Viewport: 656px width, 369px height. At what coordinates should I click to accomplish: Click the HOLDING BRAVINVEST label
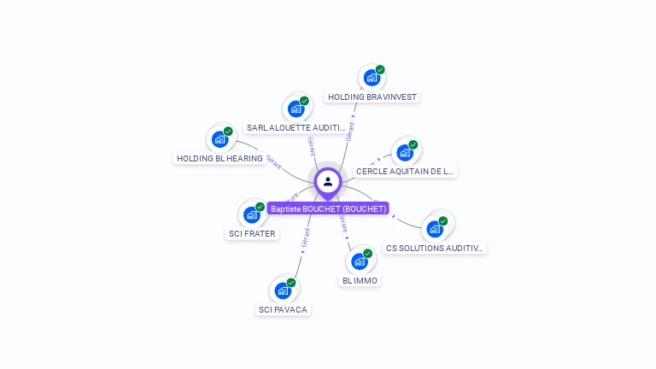[372, 97]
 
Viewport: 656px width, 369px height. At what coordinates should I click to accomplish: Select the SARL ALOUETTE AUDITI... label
[296, 128]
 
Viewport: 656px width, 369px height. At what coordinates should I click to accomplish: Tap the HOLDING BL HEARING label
[220, 159]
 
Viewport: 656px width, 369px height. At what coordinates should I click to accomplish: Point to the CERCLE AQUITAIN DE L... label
[405, 172]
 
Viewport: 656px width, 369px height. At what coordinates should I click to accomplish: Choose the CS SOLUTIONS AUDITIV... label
[435, 249]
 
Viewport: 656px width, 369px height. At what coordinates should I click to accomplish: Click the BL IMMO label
[360, 280]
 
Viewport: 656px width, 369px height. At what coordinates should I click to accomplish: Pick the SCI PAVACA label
[283, 309]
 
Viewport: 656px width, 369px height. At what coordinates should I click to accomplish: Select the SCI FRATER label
[252, 233]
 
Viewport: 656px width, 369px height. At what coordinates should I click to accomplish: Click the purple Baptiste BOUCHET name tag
[328, 208]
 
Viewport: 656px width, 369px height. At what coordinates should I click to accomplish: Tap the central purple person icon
[328, 181]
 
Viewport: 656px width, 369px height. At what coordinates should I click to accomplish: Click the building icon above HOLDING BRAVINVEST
[372, 79]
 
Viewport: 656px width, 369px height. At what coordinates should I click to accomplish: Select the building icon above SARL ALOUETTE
[296, 109]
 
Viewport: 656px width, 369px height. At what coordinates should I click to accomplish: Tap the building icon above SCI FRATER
[252, 214]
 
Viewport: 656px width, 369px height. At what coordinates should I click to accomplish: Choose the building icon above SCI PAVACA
[283, 290]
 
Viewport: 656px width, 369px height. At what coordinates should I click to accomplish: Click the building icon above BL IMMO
[360, 261]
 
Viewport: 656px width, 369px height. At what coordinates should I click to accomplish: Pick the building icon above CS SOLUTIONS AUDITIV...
[435, 229]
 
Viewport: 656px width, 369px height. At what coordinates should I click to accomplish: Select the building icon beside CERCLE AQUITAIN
[405, 153]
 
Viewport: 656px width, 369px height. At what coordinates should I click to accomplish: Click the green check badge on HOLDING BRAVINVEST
[380, 70]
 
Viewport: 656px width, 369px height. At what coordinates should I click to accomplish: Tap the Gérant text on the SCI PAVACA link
[305, 238]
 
